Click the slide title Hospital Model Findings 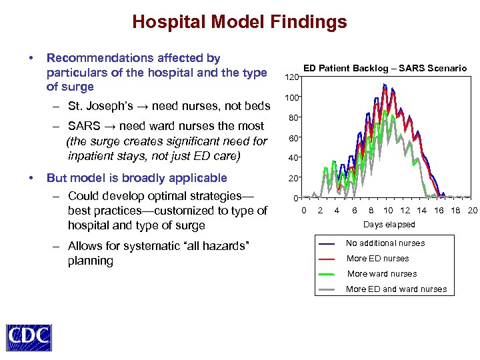point(239,22)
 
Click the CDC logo point(29,337)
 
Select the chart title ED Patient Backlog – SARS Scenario point(385,68)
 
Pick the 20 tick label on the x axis point(473,211)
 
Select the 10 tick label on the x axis point(387,211)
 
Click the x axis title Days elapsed point(389,225)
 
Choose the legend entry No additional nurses point(385,243)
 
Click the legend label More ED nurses point(378,259)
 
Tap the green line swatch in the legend point(327,274)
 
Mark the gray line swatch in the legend point(327,289)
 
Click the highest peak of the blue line point(384,85)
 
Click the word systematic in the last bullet point(151,247)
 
